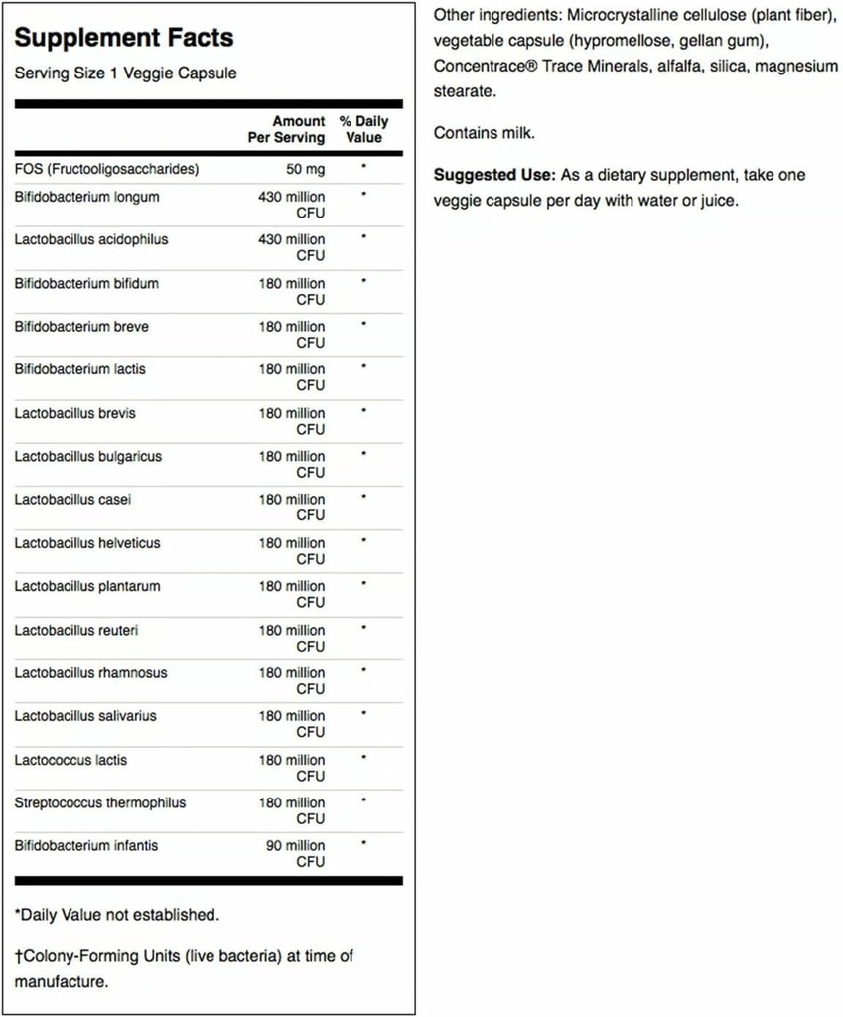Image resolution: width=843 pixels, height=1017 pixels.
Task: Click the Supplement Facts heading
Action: [x=124, y=38]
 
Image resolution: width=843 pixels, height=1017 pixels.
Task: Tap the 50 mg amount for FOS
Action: [x=306, y=169]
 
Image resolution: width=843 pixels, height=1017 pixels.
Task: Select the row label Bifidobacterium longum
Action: [x=86, y=197]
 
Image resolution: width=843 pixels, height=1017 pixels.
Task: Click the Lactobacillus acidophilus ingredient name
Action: [x=91, y=239]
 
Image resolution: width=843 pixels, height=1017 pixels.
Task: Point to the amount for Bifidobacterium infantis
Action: [x=292, y=853]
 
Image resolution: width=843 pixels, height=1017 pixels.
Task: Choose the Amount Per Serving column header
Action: [x=286, y=129]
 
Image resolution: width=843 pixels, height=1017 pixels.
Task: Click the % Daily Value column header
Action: [x=363, y=129]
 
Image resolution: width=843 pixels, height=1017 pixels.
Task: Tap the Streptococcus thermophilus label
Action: [x=99, y=802]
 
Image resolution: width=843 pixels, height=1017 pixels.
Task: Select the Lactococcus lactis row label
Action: [x=70, y=760]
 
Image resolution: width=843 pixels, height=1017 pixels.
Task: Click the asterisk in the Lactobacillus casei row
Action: [x=364, y=497]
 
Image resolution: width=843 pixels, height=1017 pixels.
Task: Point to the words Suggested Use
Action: [x=494, y=175]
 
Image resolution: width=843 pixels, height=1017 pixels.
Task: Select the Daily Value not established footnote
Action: [x=116, y=914]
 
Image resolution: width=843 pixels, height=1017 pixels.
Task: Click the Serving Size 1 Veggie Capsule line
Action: [x=125, y=73]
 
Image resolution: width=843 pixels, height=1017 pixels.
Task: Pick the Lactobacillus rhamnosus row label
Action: [x=90, y=672]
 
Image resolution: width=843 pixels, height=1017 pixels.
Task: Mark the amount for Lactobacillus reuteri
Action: [x=292, y=637]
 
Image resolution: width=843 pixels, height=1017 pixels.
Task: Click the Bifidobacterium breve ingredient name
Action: [x=82, y=326]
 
